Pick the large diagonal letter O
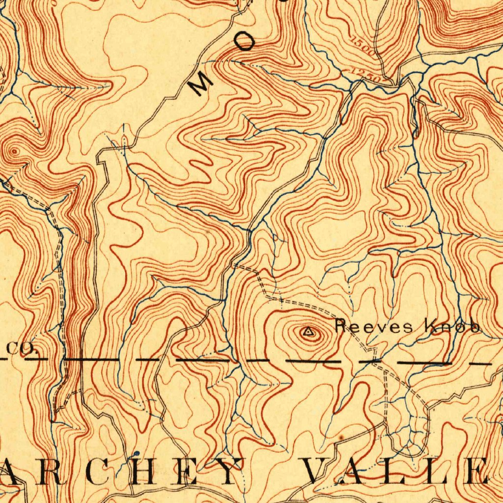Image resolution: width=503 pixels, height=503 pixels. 244,44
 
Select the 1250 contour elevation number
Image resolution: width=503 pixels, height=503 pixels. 366,75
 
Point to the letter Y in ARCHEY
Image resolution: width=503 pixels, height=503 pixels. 226,472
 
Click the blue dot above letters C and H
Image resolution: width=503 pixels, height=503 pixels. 137,452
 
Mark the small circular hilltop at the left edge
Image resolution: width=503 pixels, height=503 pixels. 14,151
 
